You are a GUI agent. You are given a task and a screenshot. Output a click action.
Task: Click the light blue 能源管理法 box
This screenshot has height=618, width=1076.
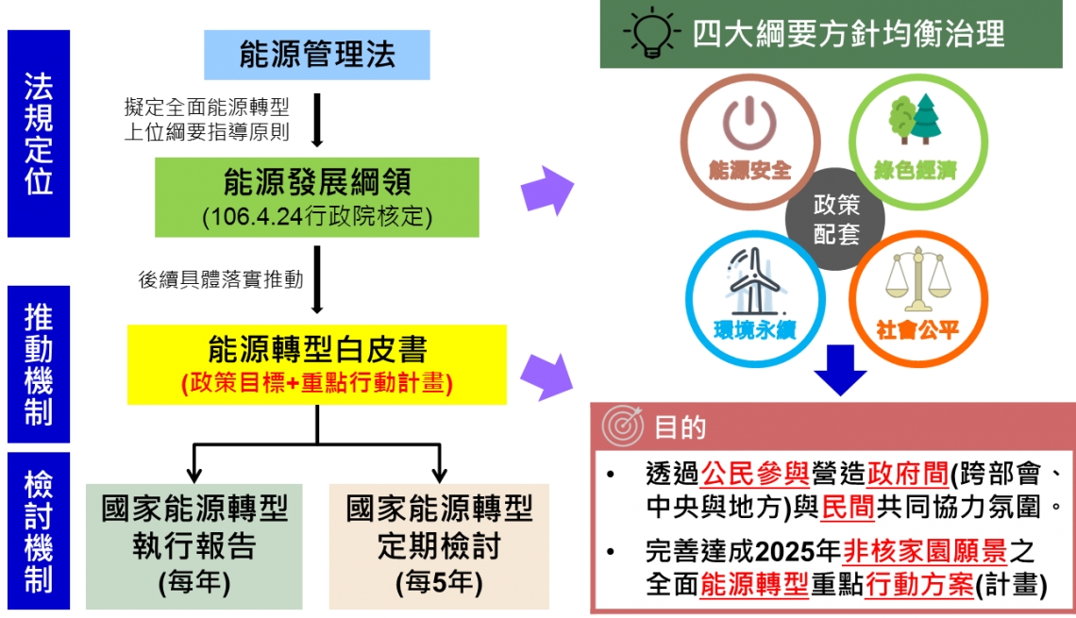(317, 55)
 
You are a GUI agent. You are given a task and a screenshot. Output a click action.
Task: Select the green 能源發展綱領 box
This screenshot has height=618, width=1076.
(317, 197)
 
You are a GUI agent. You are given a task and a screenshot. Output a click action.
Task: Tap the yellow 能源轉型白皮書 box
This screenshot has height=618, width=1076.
(317, 365)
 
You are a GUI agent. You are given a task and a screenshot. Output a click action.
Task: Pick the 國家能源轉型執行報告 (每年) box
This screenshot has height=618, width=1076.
(194, 546)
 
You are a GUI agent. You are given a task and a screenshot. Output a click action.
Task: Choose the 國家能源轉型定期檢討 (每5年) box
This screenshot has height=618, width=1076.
(439, 546)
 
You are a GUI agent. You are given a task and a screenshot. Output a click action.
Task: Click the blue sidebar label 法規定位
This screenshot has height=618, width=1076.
(39, 134)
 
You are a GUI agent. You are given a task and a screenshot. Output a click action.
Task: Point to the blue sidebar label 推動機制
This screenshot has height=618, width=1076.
(39, 364)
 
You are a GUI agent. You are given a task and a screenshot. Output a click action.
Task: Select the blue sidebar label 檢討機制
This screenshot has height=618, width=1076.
(39, 531)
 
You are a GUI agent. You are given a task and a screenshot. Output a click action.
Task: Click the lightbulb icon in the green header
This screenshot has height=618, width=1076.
(651, 32)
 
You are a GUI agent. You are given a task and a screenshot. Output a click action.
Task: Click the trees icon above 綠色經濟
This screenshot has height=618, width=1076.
(915, 119)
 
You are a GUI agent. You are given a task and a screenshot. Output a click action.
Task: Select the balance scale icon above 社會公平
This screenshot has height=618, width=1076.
(918, 281)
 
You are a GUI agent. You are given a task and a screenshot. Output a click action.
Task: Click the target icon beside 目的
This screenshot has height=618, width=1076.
(622, 426)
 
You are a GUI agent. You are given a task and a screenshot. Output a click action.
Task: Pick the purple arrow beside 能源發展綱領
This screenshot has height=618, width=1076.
(546, 191)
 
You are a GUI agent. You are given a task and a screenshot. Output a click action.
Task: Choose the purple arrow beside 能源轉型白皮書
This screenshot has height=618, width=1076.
(546, 376)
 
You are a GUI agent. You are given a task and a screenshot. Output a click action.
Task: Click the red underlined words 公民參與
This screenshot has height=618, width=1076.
(755, 474)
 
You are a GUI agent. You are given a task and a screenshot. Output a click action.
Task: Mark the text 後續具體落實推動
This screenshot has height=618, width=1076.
(221, 279)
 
